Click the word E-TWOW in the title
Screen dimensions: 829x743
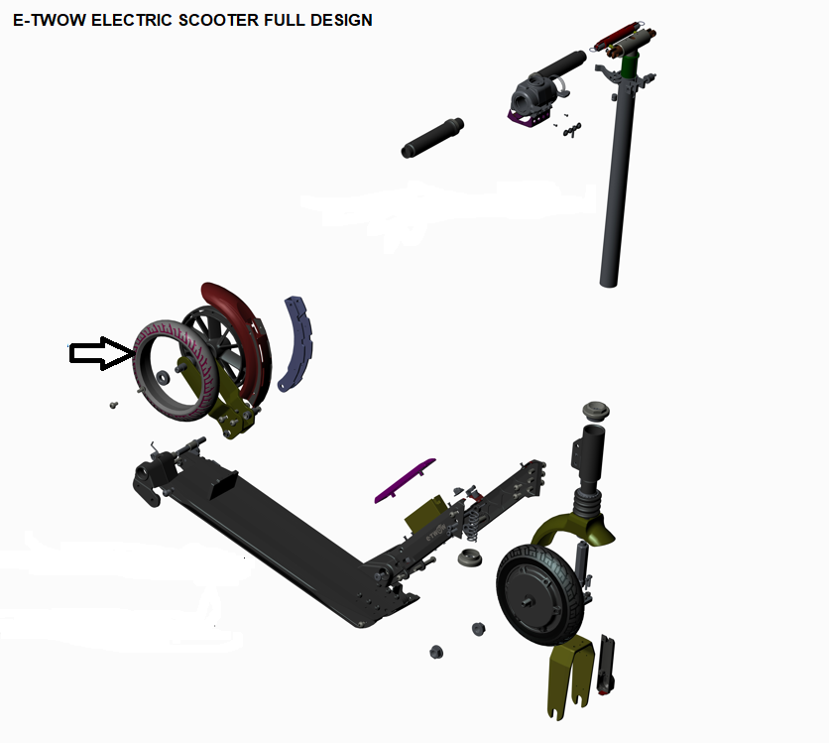tap(50, 20)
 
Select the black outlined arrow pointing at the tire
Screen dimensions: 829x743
tap(102, 353)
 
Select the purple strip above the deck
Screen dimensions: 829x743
tap(405, 481)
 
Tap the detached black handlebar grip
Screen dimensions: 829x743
tap(432, 138)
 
